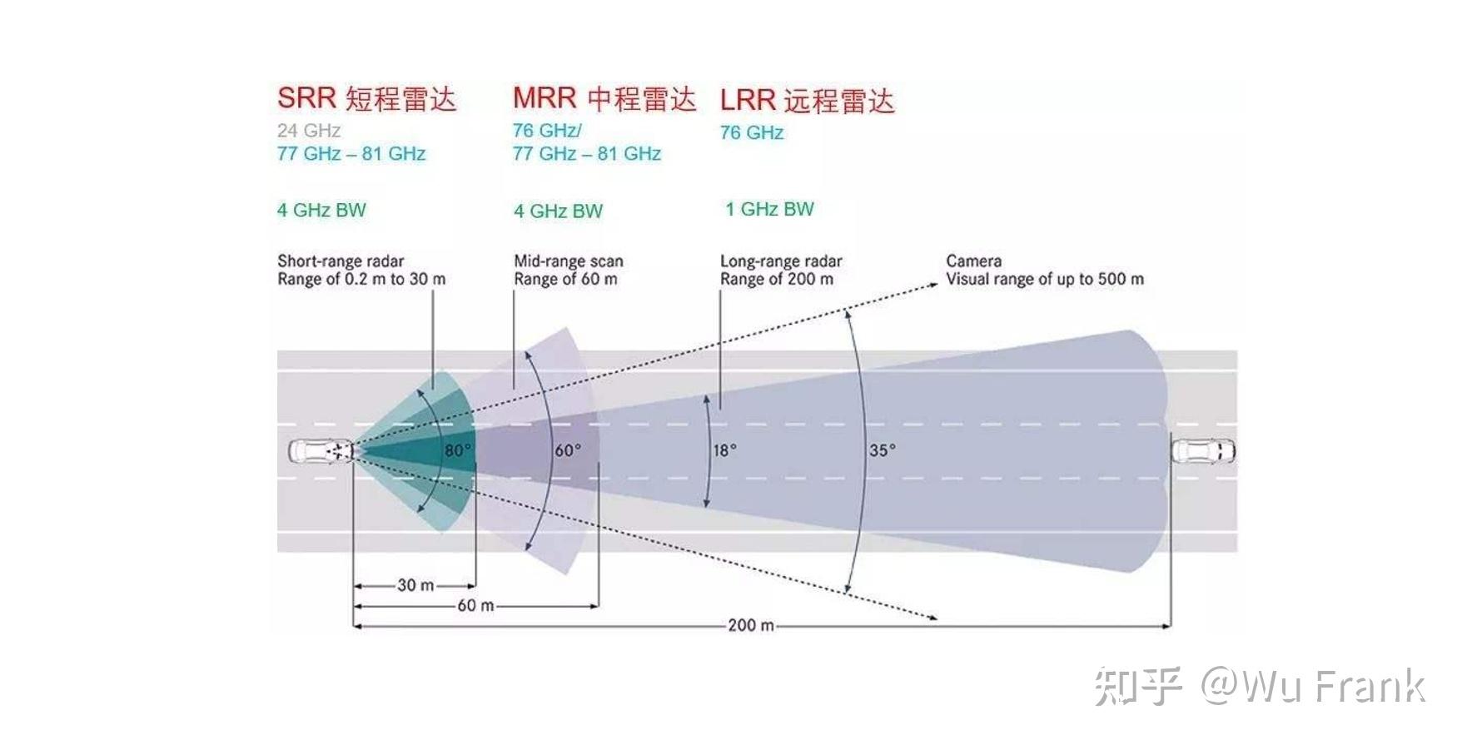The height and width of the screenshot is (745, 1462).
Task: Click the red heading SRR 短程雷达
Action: [x=366, y=98]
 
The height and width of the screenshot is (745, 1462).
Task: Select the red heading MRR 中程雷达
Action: [x=604, y=98]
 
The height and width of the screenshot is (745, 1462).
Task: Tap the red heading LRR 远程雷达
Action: [x=807, y=101]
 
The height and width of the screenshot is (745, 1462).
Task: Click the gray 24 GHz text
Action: [x=309, y=131]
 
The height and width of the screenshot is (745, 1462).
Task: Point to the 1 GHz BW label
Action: [x=769, y=209]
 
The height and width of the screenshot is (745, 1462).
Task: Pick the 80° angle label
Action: [x=457, y=450]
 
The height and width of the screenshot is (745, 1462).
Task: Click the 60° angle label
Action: [x=568, y=450]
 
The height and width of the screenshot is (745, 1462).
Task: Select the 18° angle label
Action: [x=724, y=450]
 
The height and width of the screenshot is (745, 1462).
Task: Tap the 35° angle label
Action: [x=883, y=450]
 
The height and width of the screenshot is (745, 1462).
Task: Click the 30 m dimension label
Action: [x=415, y=585]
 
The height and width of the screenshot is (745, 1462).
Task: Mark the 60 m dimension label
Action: [x=475, y=605]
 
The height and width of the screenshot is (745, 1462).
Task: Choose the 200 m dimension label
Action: [x=751, y=625]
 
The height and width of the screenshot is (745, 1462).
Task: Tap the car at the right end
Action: [x=1204, y=451]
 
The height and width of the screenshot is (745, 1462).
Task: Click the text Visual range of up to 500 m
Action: [x=1045, y=280]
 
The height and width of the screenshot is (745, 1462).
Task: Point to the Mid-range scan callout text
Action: [x=569, y=261]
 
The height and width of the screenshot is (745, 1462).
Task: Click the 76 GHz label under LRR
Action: [x=752, y=132]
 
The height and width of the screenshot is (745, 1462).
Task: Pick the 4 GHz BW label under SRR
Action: [x=321, y=210]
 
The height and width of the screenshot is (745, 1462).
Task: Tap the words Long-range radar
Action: [x=781, y=261]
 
